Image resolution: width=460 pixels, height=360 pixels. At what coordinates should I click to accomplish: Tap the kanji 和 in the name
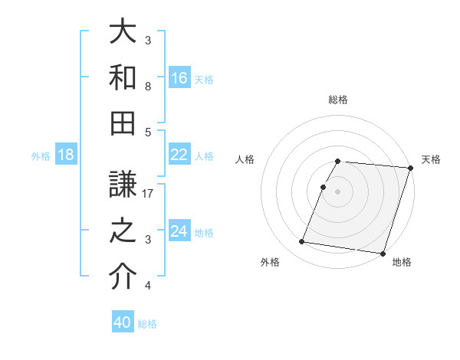coord(123,77)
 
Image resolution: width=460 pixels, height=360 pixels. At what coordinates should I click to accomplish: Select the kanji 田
coord(123,122)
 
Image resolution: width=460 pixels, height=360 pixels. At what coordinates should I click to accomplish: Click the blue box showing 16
coord(179,77)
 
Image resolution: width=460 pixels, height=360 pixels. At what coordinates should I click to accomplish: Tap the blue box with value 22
coord(179,155)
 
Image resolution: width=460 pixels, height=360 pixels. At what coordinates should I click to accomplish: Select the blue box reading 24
coord(179,231)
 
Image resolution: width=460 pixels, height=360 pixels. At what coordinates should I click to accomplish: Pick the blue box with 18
coord(66,155)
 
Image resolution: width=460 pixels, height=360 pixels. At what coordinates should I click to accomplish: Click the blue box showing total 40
coord(123,322)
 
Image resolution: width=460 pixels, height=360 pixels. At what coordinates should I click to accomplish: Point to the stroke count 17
coord(149,194)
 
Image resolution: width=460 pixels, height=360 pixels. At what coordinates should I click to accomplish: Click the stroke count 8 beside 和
coord(148,87)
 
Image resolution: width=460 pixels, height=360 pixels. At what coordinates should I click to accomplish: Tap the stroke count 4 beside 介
coord(148,286)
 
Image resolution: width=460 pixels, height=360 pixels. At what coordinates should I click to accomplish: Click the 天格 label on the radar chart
coord(431,159)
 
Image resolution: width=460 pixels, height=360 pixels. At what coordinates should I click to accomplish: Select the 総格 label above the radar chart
coord(338,100)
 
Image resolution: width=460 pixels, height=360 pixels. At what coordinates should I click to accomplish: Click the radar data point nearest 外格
coord(302,242)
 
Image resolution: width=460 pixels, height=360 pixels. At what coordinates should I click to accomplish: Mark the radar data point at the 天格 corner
coord(411,168)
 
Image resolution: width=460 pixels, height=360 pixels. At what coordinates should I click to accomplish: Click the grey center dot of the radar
coord(338,191)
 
